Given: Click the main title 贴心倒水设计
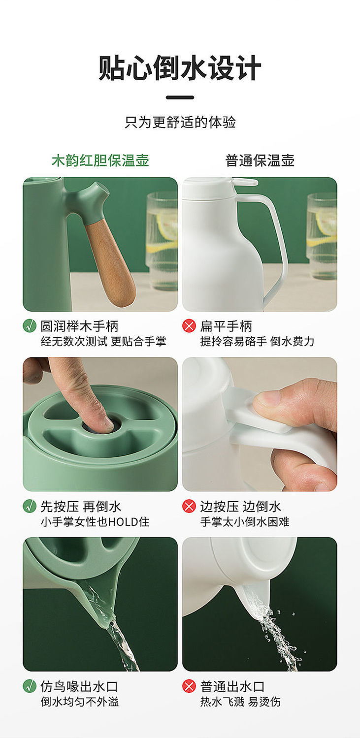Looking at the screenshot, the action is point(180,68).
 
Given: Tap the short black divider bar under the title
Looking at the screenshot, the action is point(180,97).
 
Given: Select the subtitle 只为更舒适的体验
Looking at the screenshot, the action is point(180,122).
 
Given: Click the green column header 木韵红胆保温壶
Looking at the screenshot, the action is point(100,160).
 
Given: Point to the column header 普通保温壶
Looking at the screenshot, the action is point(260,160).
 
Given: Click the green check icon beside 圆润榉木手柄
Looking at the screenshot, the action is point(30,326).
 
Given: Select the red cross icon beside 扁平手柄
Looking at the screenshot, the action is point(189,326).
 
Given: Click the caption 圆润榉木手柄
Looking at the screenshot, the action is point(79,326).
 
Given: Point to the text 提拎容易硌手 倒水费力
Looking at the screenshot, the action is point(257,341).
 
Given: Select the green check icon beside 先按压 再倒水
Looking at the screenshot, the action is point(30,507).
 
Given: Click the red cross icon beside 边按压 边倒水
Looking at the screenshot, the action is point(189,507).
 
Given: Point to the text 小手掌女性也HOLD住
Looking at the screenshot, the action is point(95,522).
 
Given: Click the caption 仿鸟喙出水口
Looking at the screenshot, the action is point(79,687).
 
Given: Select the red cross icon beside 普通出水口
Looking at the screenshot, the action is point(189,687).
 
